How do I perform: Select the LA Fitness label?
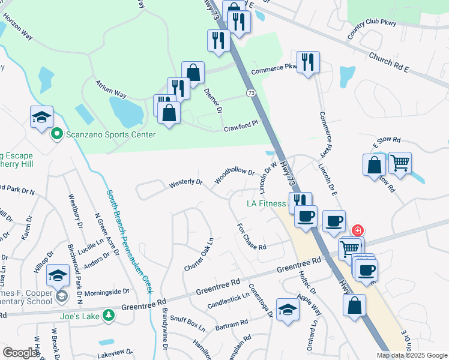pos(266,203)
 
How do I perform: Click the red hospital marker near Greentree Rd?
pos(357,230)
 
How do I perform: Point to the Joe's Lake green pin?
pos(107,314)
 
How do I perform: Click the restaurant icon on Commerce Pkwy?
pos(308,62)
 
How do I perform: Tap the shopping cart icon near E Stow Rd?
pos(400,163)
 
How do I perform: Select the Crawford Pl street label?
pos(241,126)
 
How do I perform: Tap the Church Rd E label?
pos(388,63)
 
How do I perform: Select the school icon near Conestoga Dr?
pos(288,310)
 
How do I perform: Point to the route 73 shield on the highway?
pos(251,93)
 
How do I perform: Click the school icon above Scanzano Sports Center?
pos(41,117)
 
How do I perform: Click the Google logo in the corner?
pos(20,353)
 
